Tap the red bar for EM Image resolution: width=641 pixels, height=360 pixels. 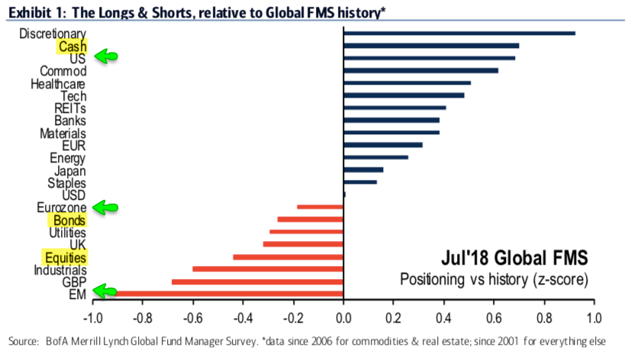[x=229, y=292]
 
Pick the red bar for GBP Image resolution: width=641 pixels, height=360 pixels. [x=258, y=281]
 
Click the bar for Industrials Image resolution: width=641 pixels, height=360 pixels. [x=268, y=268]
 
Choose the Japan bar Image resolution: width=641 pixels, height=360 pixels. [x=363, y=170]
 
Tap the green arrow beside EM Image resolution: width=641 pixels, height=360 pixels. [x=106, y=290]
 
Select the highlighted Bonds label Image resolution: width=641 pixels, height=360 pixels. [x=69, y=220]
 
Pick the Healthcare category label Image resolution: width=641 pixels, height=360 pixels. [x=58, y=83]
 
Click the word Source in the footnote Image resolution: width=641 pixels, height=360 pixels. [x=23, y=340]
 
